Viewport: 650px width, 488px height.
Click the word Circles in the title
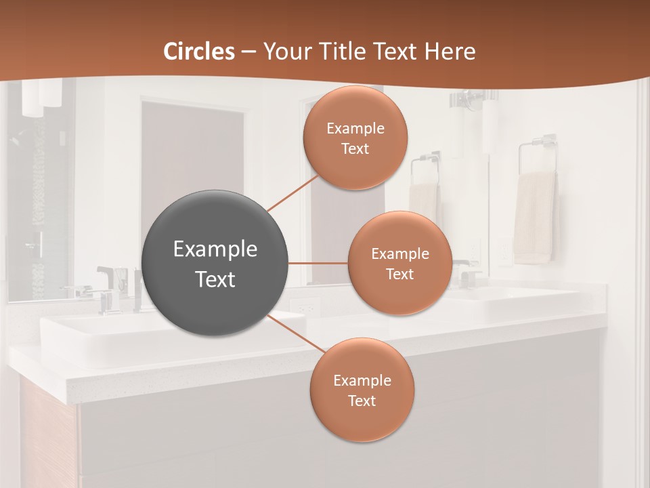pos(199,52)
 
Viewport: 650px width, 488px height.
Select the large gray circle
pos(215,263)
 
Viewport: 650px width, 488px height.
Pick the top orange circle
pos(355,138)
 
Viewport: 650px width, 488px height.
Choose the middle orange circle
pos(399,263)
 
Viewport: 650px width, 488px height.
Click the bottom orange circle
pos(362,390)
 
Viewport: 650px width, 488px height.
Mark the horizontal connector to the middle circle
pos(318,263)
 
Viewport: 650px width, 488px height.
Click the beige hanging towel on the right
pos(534,217)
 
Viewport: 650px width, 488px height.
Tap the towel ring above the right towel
pos(538,152)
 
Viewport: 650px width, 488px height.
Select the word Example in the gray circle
pos(215,249)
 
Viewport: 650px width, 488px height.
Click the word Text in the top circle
pos(355,149)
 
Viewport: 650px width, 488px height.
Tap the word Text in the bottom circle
pos(362,401)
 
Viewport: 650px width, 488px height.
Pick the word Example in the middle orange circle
pos(399,253)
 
